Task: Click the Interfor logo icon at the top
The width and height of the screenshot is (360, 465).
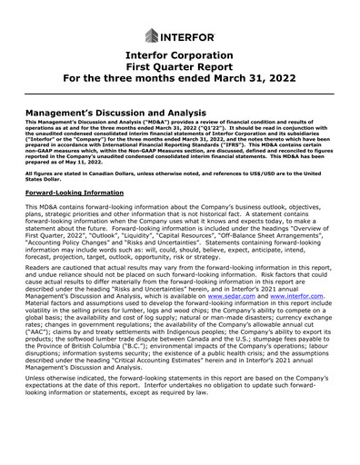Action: coord(150,36)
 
